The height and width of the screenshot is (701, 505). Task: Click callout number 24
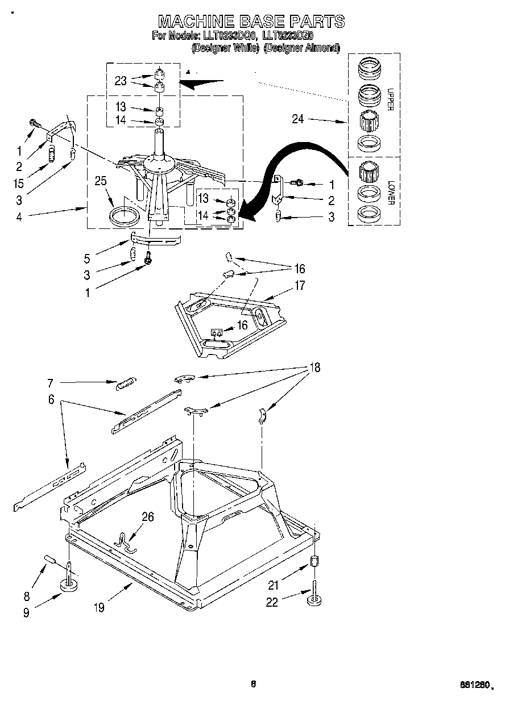(298, 119)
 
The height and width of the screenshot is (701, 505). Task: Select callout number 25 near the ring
(101, 181)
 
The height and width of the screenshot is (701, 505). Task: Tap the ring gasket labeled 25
(123, 216)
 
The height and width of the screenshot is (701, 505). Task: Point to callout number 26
(148, 517)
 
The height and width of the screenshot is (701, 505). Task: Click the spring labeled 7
(123, 385)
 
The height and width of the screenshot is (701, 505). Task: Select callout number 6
(51, 400)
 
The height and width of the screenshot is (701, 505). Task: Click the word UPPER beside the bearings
(390, 99)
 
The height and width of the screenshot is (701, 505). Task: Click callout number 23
(120, 81)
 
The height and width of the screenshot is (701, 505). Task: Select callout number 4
(19, 216)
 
